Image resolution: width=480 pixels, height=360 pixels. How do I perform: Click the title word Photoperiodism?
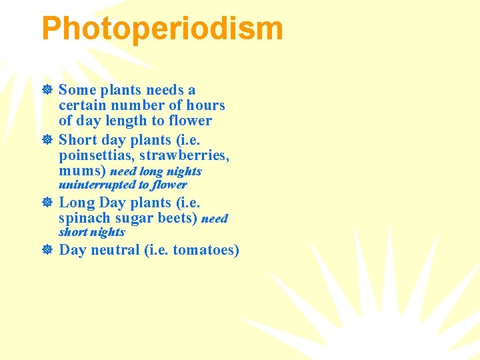pos(162,29)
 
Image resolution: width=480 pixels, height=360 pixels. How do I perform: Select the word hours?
pos(207,105)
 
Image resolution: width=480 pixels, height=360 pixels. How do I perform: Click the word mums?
pos(80,171)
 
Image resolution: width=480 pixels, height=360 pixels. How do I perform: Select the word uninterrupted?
pos(97,185)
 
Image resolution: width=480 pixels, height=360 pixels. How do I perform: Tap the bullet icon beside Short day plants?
pos(47,140)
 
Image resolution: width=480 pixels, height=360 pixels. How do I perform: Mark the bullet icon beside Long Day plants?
pos(47,203)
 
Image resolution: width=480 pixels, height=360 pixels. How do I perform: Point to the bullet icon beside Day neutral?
pos(47,250)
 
